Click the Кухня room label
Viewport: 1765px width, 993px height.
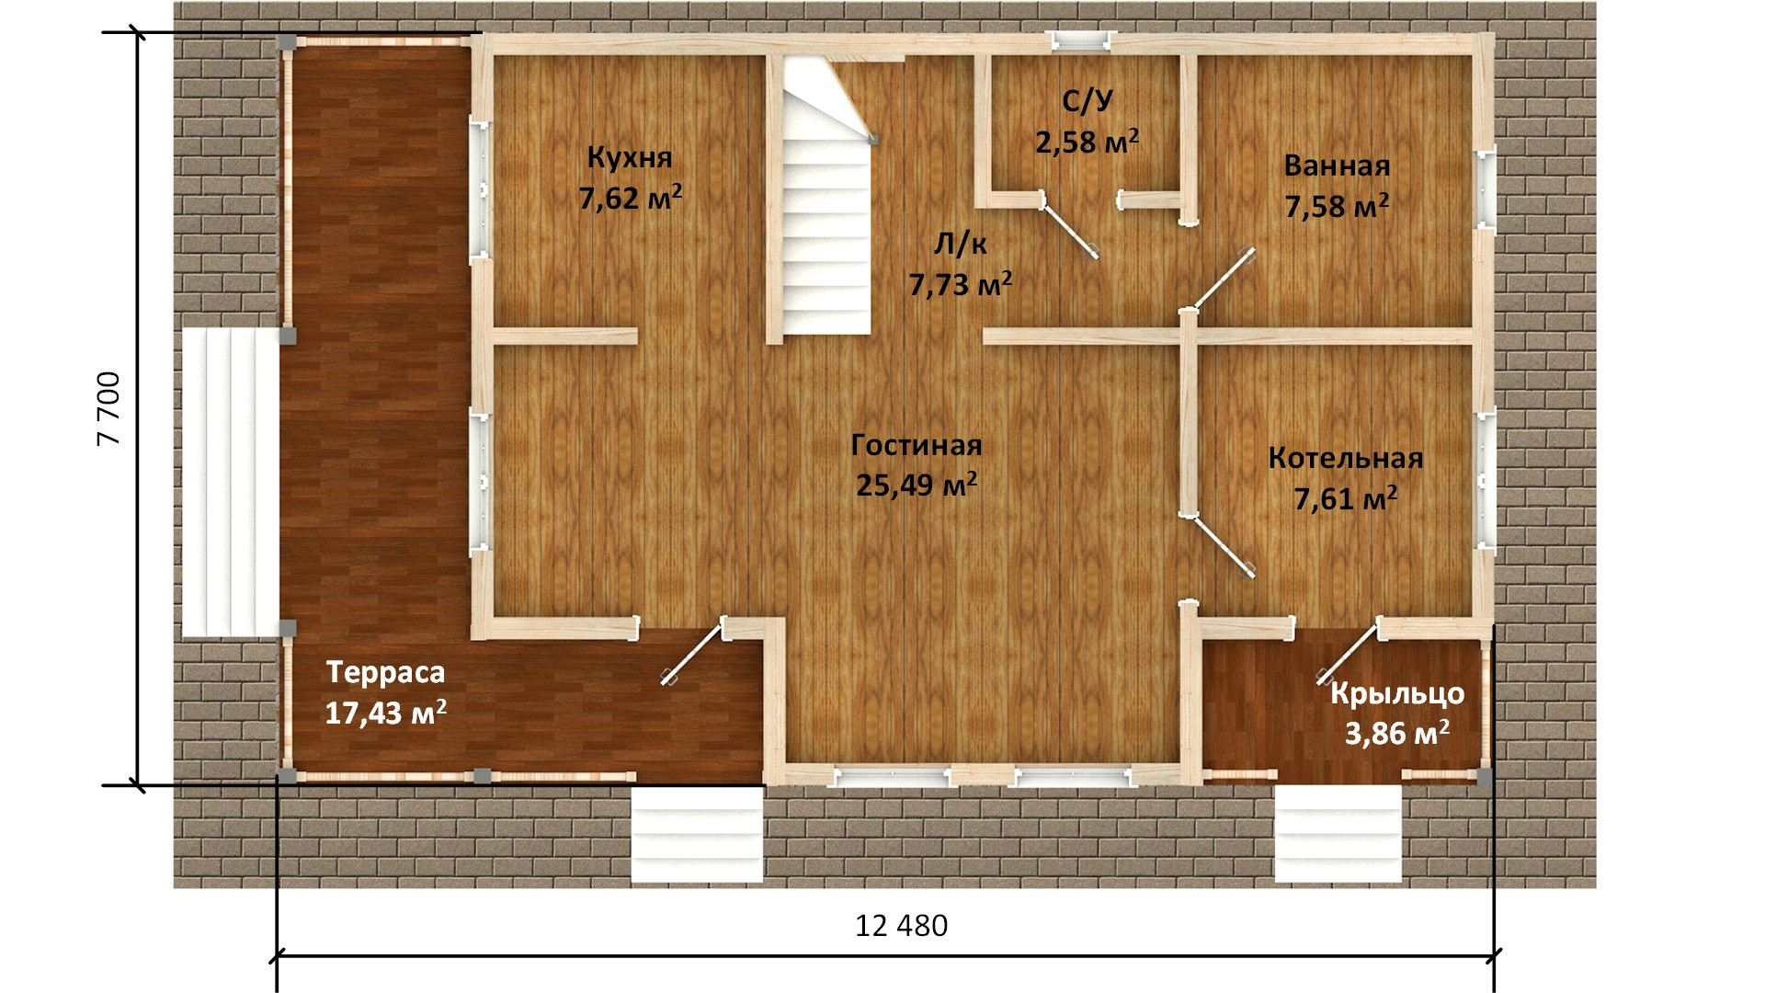click(x=630, y=158)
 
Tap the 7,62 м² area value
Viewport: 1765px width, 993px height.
click(x=631, y=197)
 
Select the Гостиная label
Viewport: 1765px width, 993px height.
click(x=917, y=445)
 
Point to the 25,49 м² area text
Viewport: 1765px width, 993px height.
click(x=917, y=484)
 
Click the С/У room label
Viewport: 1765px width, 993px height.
click(x=1087, y=101)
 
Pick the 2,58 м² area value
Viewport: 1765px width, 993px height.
click(x=1087, y=142)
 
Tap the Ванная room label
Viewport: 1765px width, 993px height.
click(x=1337, y=166)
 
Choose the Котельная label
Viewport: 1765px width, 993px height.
click(x=1346, y=458)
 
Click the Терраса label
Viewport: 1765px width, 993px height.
click(x=385, y=673)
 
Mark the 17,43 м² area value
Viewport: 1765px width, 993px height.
click(x=386, y=713)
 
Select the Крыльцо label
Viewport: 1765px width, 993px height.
click(x=1397, y=694)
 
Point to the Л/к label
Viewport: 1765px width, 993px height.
click(x=961, y=245)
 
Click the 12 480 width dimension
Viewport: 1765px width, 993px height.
click(x=901, y=926)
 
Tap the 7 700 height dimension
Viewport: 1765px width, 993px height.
click(x=109, y=408)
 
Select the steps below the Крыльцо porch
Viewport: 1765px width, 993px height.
click(x=1338, y=833)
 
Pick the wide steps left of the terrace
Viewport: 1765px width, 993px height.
click(x=230, y=483)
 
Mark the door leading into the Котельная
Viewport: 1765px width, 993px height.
click(x=1224, y=546)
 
